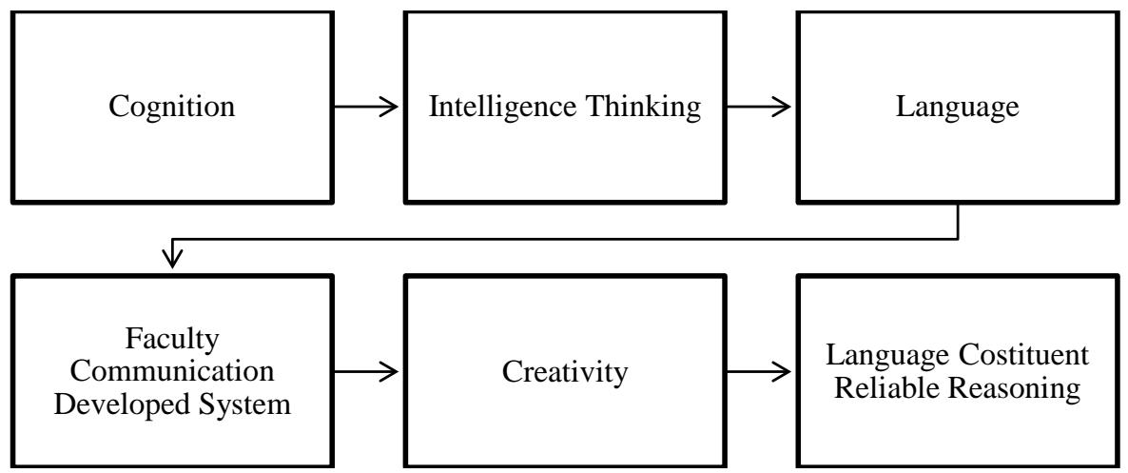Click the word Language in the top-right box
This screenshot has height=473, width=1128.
957,107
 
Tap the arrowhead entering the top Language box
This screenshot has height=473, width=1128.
784,108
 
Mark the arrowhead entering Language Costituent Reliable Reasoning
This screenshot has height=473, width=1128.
784,371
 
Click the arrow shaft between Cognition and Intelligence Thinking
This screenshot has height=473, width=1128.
357,108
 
